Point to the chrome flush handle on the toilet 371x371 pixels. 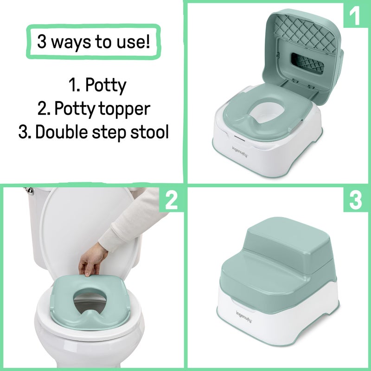28,191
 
